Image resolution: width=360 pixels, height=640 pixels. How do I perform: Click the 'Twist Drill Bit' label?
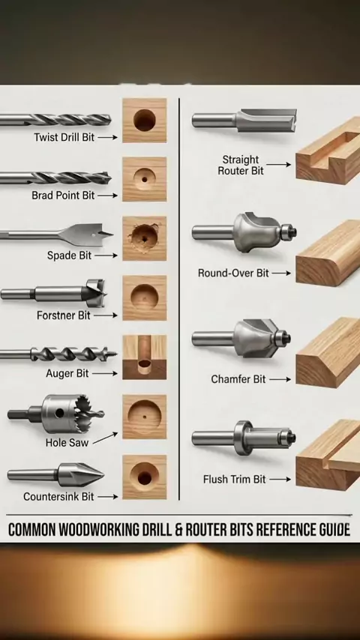coord(64,137)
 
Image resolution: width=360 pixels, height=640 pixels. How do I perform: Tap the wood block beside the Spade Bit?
coord(145,238)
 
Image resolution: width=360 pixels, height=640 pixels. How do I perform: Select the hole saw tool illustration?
coord(56,414)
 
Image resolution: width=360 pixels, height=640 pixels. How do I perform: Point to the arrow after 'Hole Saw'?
coord(105,438)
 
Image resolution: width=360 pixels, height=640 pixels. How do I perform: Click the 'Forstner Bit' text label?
coord(63,316)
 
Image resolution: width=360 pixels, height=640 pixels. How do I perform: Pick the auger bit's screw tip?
coord(110,354)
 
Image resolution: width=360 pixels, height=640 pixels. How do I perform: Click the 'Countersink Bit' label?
coord(58,497)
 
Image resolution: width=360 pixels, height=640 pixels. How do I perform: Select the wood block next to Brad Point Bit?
coord(145,179)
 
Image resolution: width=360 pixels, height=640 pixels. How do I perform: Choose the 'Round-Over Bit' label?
coord(233,273)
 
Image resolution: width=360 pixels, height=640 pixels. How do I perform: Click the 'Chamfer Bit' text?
coord(238,379)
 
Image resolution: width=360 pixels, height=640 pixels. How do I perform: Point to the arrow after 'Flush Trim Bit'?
coord(281,480)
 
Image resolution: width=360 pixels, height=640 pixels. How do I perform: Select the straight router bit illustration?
coord(244,120)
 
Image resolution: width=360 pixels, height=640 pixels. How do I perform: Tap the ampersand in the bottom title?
coord(178,529)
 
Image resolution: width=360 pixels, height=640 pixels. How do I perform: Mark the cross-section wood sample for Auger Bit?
coord(145,357)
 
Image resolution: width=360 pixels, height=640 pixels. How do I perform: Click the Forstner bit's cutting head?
coord(94,292)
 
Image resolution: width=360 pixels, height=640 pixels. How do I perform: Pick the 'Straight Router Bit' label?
coord(241,165)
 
